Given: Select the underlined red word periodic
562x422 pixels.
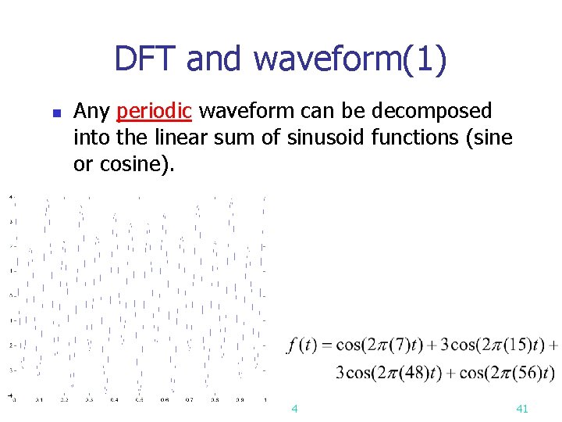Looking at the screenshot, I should click(x=154, y=112).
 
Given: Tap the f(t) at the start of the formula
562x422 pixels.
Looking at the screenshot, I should click(x=301, y=345).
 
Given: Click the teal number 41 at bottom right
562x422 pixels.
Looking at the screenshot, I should click(x=522, y=409).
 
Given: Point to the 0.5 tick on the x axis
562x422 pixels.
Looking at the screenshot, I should click(x=139, y=399).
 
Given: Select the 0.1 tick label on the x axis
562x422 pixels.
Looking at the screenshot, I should click(x=39, y=399).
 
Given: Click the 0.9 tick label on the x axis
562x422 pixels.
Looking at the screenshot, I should click(x=239, y=399).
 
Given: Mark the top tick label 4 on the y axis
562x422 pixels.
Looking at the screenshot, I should click(x=10, y=197).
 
